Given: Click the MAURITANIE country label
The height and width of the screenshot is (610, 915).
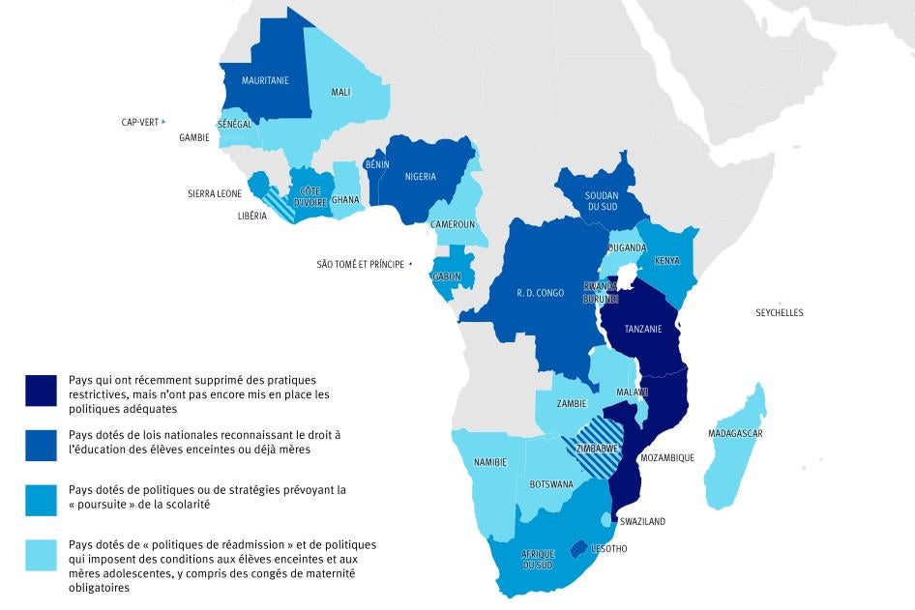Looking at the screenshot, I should (x=265, y=81).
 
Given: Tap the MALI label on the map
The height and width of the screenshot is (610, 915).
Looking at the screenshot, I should (x=340, y=93).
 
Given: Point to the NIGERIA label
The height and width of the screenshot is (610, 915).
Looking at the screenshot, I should (x=421, y=177).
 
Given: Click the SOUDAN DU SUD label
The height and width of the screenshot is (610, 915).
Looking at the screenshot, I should (x=602, y=201).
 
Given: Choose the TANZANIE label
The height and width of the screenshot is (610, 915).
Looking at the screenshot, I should (x=643, y=330).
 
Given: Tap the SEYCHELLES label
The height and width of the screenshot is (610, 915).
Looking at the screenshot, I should (x=780, y=313).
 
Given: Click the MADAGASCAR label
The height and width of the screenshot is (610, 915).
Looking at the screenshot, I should (x=735, y=434).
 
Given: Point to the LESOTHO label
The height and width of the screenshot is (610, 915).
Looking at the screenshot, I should (x=609, y=550).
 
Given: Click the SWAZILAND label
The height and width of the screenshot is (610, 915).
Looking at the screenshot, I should (x=642, y=522).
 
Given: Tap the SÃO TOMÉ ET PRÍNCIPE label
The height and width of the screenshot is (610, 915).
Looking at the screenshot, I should (x=361, y=264).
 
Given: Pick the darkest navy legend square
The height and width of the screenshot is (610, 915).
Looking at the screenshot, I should (x=44, y=389).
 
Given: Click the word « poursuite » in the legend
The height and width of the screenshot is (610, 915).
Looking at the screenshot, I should (x=102, y=506).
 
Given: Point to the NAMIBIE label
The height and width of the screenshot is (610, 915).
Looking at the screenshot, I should (x=489, y=463).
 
